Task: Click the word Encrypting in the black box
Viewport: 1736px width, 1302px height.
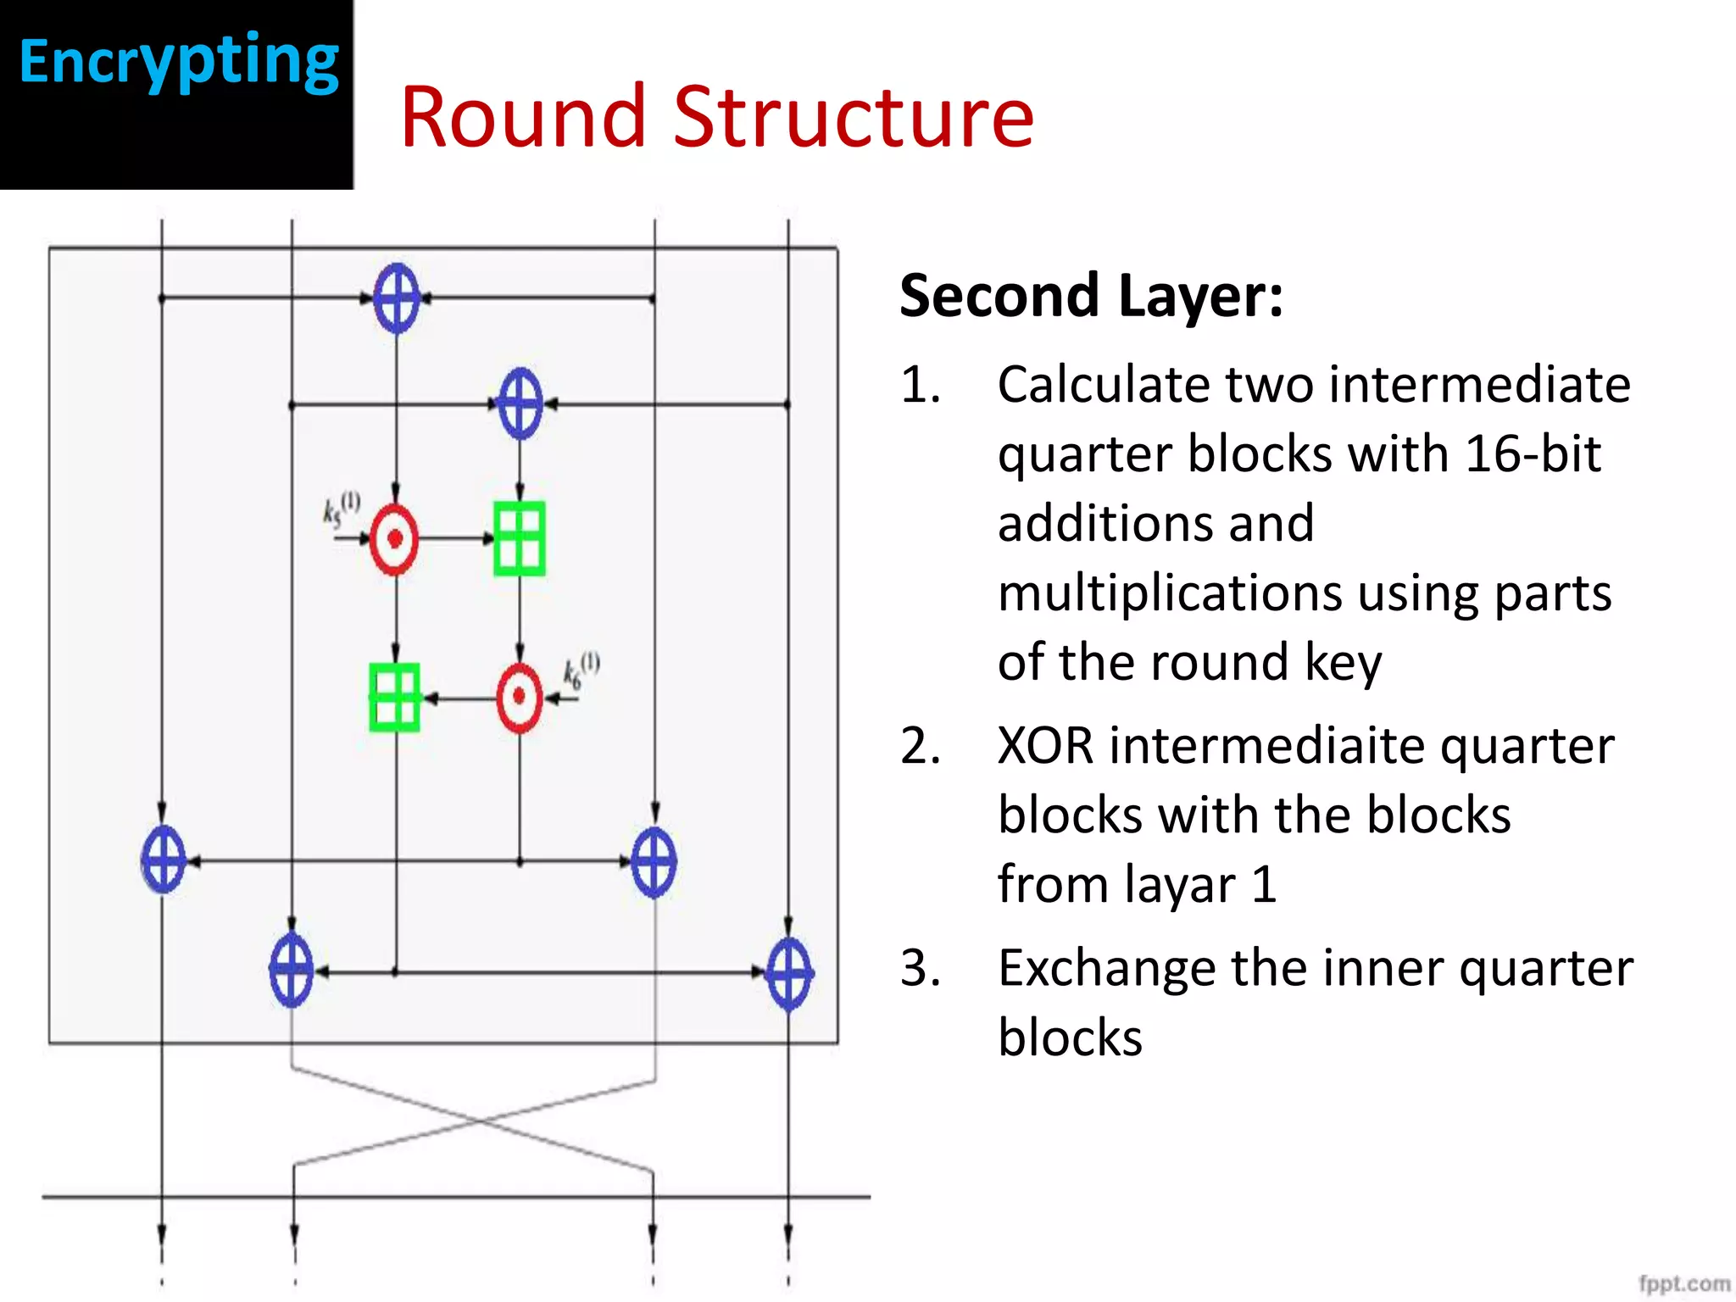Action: point(179,61)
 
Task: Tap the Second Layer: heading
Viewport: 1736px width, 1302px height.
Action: point(1090,296)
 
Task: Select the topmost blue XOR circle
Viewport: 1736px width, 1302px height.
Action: point(397,298)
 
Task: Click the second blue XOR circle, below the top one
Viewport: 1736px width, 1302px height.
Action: point(520,403)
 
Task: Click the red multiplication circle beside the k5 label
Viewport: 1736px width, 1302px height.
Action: point(394,539)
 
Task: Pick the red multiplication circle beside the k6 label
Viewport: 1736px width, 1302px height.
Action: point(519,698)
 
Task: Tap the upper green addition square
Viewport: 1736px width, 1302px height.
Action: point(520,538)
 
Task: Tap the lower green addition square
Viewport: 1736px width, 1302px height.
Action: point(395,698)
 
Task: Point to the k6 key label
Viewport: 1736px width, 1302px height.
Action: point(581,670)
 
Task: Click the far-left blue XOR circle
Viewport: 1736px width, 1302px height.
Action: point(163,860)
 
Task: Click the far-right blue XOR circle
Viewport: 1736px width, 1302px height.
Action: point(789,973)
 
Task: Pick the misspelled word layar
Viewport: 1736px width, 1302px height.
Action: point(1179,885)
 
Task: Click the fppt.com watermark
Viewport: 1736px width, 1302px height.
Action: point(1683,1283)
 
